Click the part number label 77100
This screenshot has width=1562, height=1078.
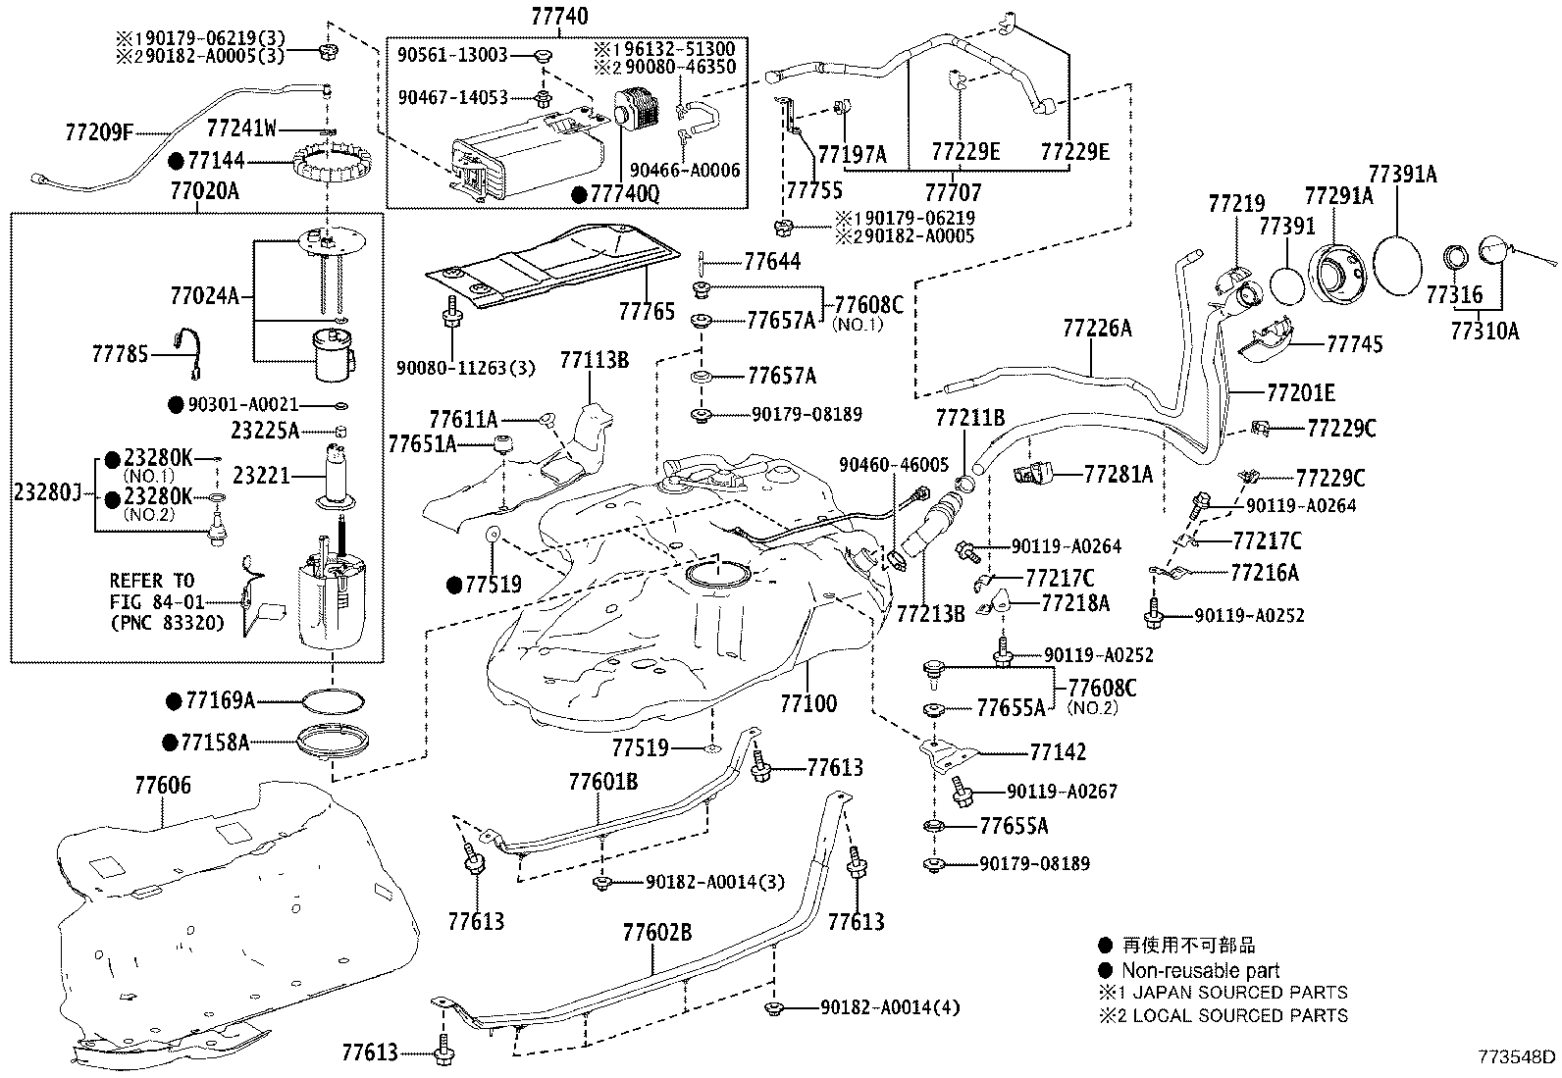(808, 702)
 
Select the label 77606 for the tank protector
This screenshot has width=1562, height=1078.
(163, 785)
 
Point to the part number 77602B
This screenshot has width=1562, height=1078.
(656, 931)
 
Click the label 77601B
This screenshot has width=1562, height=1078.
(602, 782)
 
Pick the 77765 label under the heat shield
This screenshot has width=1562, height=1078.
(647, 311)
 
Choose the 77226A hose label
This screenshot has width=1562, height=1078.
(1096, 329)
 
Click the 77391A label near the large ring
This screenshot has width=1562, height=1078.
(1402, 175)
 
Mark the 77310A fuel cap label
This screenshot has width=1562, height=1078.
(1484, 331)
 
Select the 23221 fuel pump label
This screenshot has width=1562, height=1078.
(261, 476)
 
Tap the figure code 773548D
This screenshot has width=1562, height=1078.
(1518, 1056)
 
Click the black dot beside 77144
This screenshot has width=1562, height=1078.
(177, 161)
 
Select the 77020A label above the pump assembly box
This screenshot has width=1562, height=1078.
(204, 191)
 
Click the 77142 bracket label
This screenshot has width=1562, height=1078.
(1058, 751)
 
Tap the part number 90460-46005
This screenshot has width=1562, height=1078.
(894, 464)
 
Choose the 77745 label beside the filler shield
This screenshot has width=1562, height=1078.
(1354, 343)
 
